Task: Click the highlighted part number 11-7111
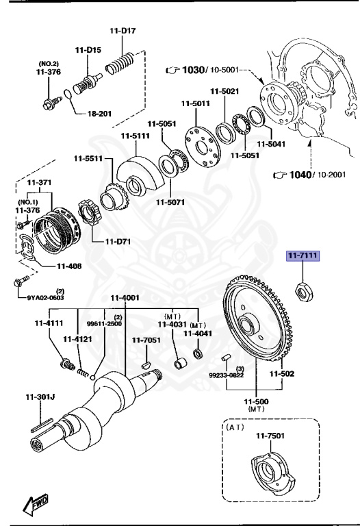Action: click(x=301, y=275)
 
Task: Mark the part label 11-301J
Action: click(x=40, y=396)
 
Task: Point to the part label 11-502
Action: click(x=281, y=374)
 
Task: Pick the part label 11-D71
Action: click(x=118, y=242)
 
